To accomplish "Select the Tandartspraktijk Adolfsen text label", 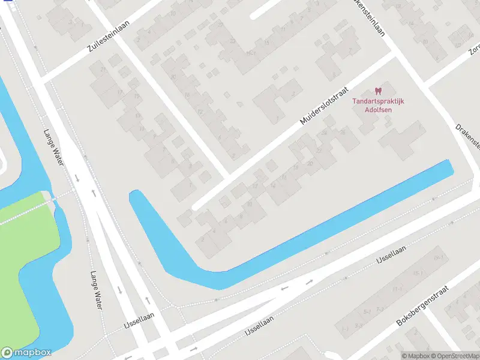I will [x=377, y=105].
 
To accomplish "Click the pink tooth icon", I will [x=377, y=91].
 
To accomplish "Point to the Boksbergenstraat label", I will [x=423, y=305].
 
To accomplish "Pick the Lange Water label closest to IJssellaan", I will [x=95, y=289].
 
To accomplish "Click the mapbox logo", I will [x=26, y=353].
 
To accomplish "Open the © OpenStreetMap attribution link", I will [x=454, y=356].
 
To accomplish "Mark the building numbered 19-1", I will [x=439, y=257].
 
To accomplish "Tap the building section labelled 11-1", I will [x=397, y=289].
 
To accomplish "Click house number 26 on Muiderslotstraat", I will [x=343, y=131].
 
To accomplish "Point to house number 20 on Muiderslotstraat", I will [x=310, y=163].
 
